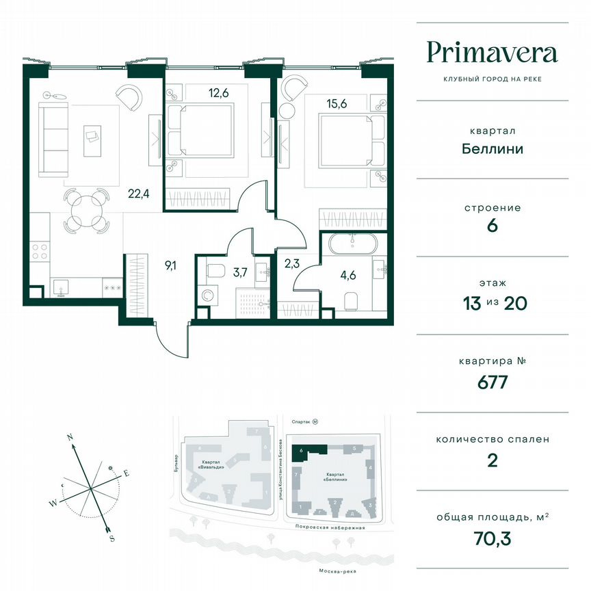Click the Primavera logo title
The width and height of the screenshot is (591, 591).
pyautogui.click(x=492, y=53)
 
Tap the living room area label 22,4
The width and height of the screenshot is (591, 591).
pyautogui.click(x=139, y=194)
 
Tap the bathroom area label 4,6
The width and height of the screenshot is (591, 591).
pyautogui.click(x=348, y=278)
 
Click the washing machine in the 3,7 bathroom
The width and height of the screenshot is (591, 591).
pyautogui.click(x=207, y=297)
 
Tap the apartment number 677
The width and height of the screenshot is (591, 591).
pyautogui.click(x=492, y=382)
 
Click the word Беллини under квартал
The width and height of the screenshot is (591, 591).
pyautogui.click(x=492, y=148)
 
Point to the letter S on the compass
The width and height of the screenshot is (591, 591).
pyautogui.click(x=111, y=538)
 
